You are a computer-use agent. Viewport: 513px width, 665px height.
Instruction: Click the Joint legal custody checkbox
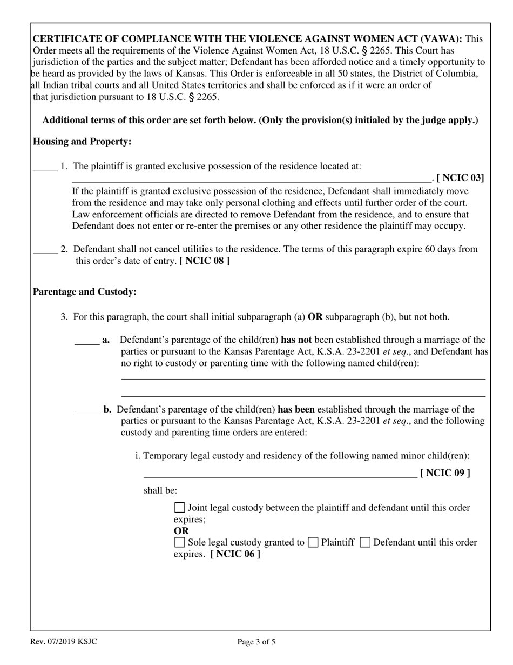click(180, 508)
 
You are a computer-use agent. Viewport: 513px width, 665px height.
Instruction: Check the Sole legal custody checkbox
click(180, 542)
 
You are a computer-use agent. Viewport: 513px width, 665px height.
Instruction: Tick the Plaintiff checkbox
click(312, 542)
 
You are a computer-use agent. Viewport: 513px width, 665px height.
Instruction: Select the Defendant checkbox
click(364, 542)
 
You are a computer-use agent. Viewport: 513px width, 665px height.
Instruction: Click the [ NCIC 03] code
click(460, 177)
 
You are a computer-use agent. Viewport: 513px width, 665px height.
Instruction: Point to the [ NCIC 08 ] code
click(204, 261)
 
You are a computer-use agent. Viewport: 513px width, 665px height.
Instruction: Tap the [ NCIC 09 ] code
click(445, 473)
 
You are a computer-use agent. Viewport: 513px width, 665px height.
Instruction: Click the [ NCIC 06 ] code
click(235, 554)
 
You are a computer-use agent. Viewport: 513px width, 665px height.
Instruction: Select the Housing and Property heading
click(82, 142)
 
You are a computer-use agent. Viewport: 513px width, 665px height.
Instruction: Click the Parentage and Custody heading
click(85, 292)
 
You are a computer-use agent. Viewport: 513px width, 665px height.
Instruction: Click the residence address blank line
click(252, 178)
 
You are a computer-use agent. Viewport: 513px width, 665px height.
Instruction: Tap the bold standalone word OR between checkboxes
click(181, 531)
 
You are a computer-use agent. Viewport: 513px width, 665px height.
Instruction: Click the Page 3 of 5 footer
click(256, 642)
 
